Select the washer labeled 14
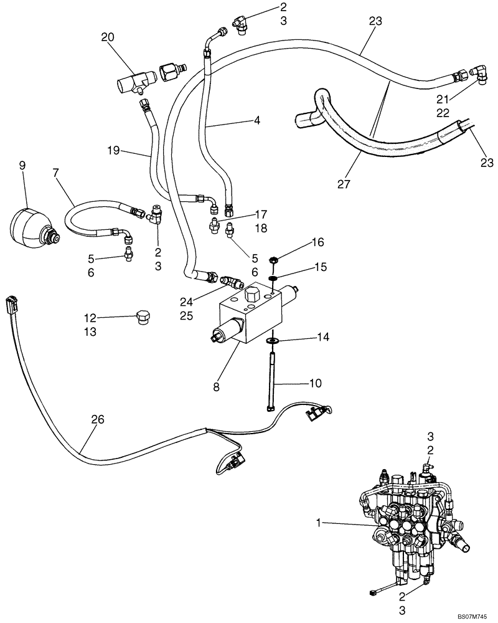click(273, 341)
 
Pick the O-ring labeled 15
click(273, 277)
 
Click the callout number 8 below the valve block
click(217, 387)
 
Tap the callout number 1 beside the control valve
click(318, 525)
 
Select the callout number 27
click(344, 184)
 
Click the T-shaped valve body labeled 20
click(135, 82)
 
